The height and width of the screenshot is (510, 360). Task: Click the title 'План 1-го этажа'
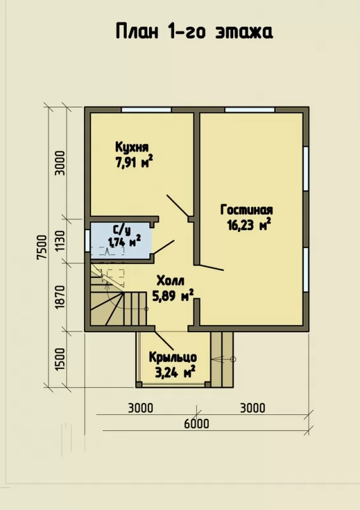pos(194,31)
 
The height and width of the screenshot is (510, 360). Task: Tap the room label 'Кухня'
pos(132,147)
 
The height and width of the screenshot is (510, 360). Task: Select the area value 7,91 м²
pos(134,163)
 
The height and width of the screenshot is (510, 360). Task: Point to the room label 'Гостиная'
pos(247,210)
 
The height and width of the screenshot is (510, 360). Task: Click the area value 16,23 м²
pos(248,225)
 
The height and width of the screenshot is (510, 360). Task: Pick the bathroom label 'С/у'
pos(122,230)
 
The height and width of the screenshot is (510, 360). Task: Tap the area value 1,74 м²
pos(124,242)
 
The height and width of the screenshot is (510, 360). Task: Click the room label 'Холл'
pos(170,280)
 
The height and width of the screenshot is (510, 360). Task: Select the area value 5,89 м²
pos(173,295)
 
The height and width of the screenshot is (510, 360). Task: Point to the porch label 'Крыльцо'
pos(173,357)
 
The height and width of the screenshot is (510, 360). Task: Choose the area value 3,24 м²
pos(175,372)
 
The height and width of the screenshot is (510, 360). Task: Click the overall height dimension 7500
pos(42,247)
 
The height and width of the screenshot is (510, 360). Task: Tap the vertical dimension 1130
pos(60,242)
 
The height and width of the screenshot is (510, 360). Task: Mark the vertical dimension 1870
pos(60,297)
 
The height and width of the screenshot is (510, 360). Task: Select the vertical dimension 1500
pos(60,359)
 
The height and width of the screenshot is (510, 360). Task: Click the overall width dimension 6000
pos(196,424)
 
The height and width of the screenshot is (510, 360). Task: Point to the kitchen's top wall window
pos(147,110)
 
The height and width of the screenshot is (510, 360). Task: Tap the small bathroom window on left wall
pos(87,241)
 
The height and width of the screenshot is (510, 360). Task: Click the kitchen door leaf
pos(178,206)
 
